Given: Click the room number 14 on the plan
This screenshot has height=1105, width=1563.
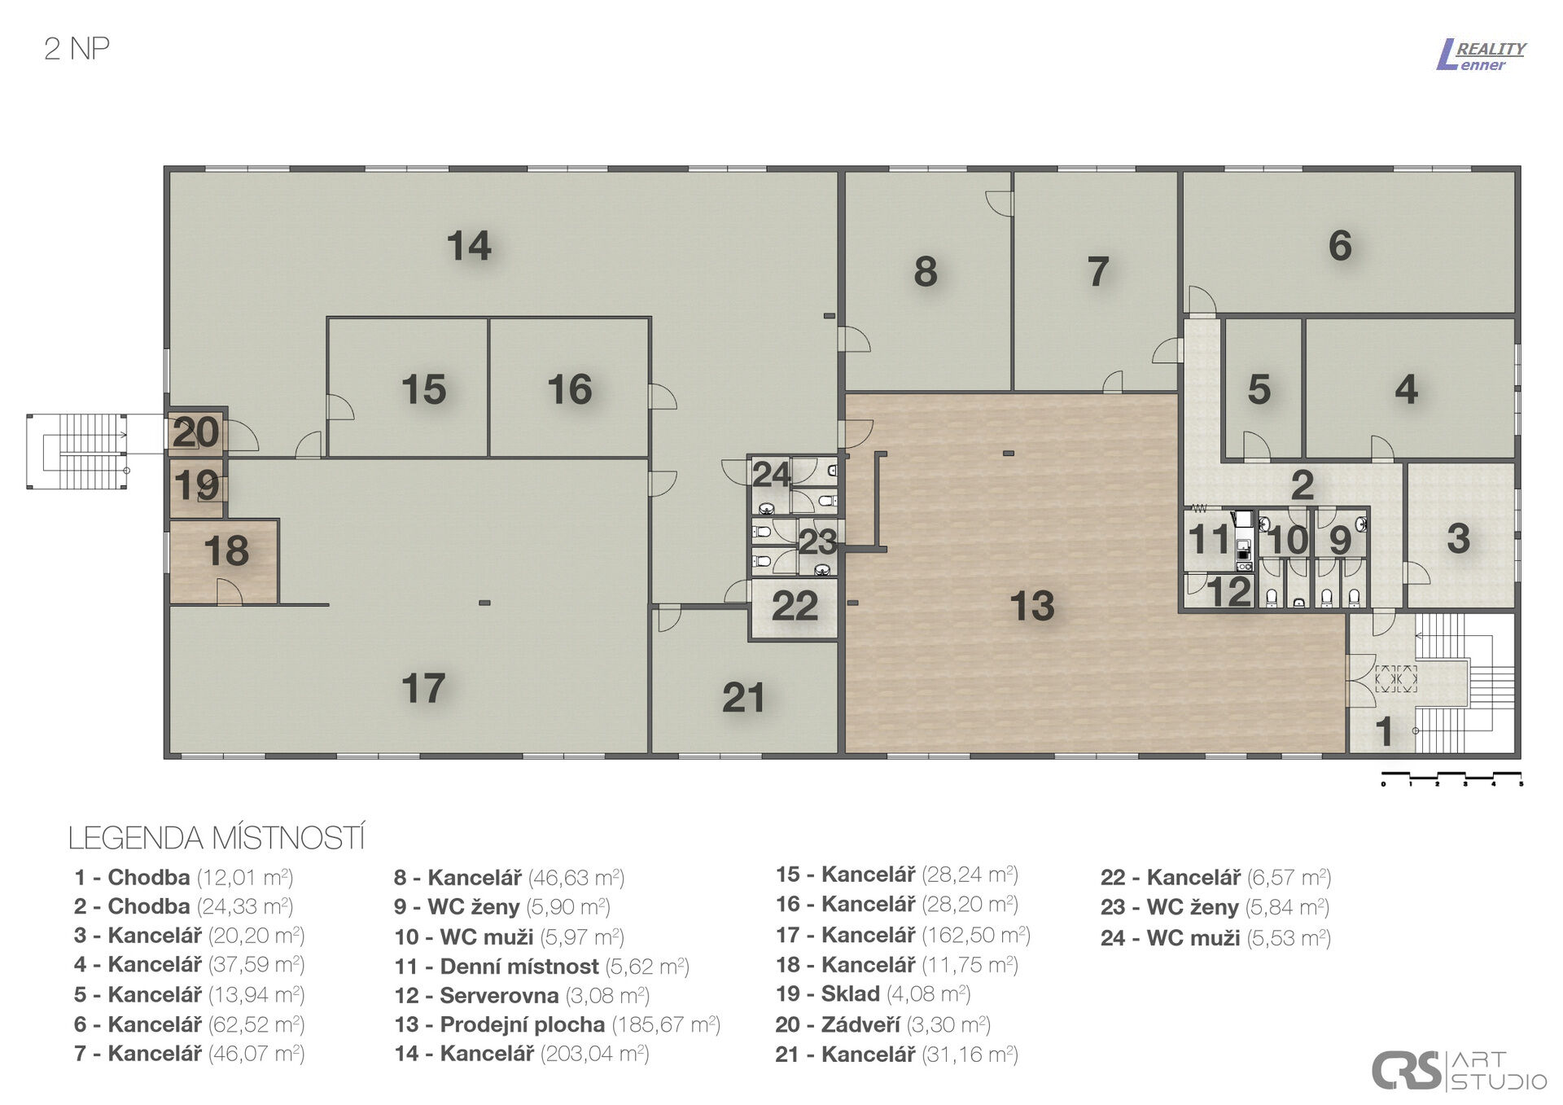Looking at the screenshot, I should pyautogui.click(x=469, y=246).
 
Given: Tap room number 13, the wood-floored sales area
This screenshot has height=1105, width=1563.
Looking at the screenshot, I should pyautogui.click(x=1031, y=606).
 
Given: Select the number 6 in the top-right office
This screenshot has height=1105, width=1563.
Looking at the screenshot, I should pyautogui.click(x=1340, y=246).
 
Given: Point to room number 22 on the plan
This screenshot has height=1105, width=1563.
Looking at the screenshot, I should pyautogui.click(x=795, y=606).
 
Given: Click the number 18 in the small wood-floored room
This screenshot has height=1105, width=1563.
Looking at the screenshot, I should pyautogui.click(x=226, y=551).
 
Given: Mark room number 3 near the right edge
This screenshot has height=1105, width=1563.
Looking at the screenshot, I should pyautogui.click(x=1458, y=539).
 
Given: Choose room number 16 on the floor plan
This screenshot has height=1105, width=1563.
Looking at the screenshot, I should pyautogui.click(x=569, y=389).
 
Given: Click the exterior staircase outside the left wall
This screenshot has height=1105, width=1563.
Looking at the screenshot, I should pyautogui.click(x=78, y=451).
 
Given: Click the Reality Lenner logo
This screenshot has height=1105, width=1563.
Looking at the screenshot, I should pyautogui.click(x=1481, y=55).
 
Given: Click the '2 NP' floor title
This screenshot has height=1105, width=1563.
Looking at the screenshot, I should pyautogui.click(x=77, y=49).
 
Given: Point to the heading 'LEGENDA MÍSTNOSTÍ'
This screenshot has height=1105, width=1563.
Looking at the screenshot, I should pyautogui.click(x=217, y=838).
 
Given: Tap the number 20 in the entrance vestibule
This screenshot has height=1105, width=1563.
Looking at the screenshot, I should pyautogui.click(x=195, y=432).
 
